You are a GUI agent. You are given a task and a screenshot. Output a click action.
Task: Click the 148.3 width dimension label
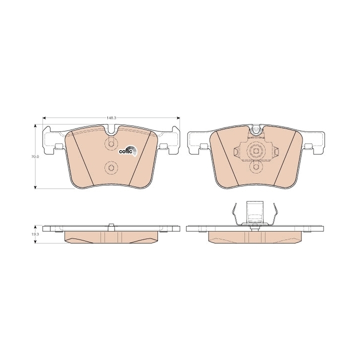coord(111,118)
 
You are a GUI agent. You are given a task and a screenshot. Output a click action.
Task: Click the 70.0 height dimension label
coord(35,157)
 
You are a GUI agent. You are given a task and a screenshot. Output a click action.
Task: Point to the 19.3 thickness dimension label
coord(35,234)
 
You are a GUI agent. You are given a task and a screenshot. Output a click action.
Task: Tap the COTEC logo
coord(128,150)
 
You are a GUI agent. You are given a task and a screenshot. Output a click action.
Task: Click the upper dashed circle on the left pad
coord(111,144)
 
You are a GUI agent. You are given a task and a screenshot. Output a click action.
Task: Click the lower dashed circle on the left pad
coord(111,167)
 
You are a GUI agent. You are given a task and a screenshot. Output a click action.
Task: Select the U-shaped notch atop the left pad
coord(111,130)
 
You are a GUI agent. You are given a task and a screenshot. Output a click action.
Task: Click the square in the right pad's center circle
coord(256,151)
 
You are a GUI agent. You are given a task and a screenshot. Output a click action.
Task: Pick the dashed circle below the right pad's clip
coord(256,167)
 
